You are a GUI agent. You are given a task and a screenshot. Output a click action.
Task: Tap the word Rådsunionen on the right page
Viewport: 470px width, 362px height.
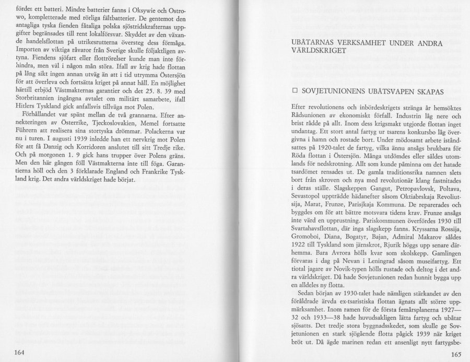[310, 115]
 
